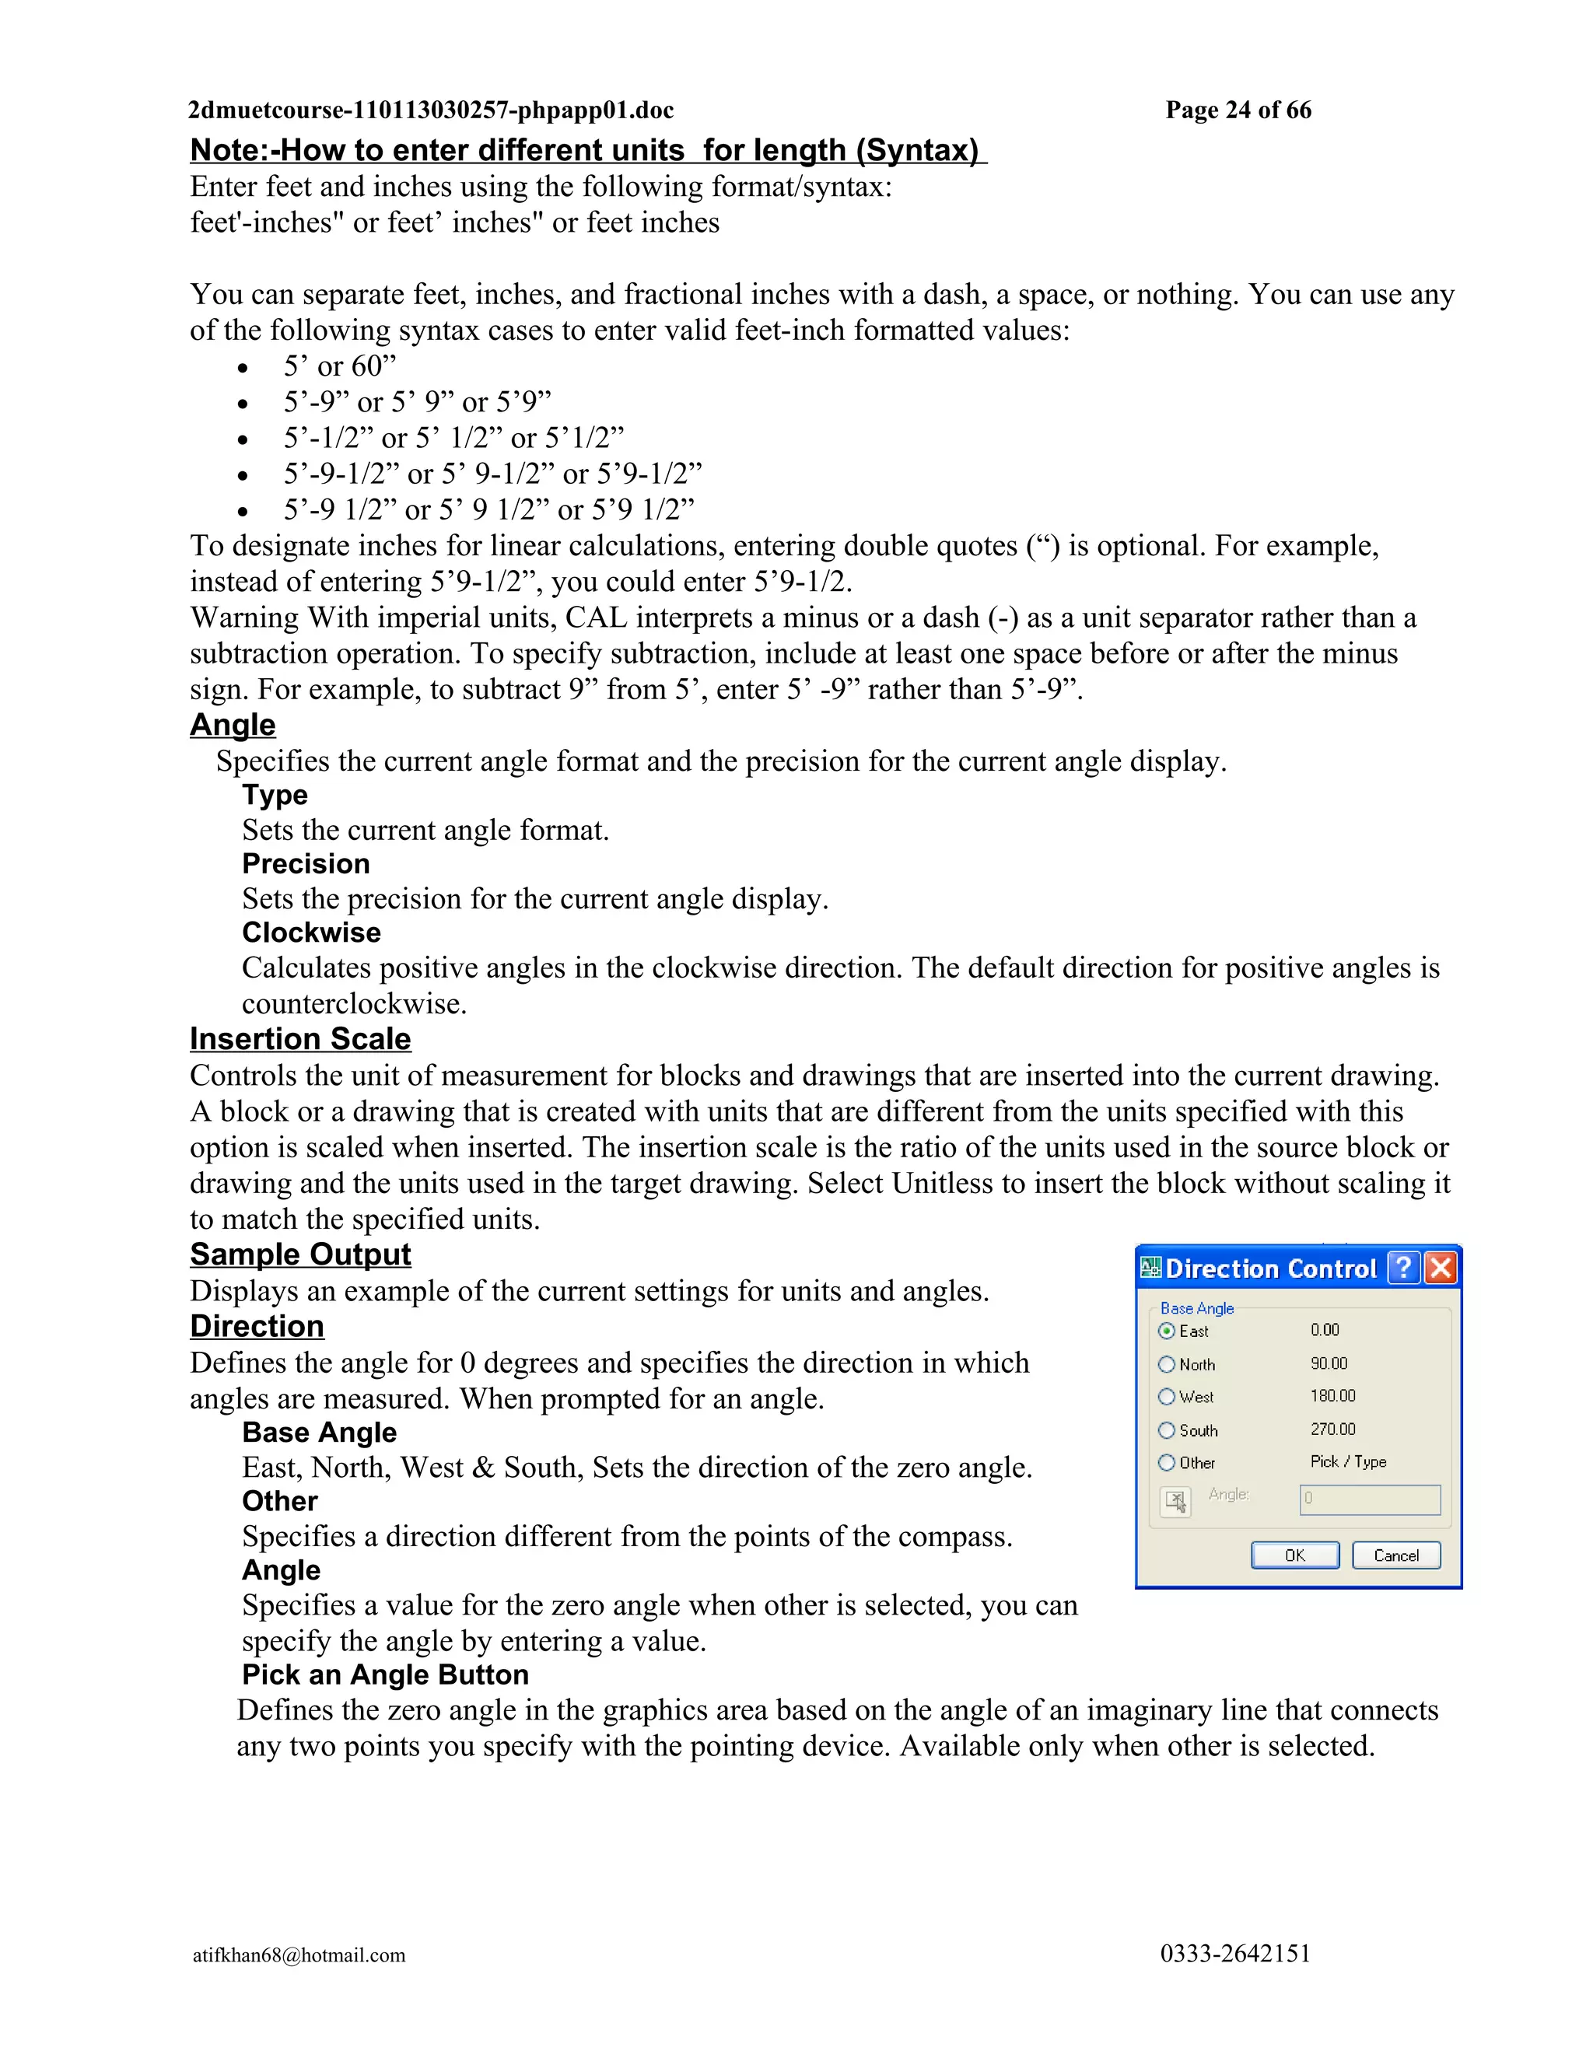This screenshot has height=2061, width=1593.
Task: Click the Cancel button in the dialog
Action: pos(1395,1555)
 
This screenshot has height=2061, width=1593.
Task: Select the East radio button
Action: pos(1167,1331)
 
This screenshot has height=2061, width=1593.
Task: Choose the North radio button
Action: pos(1167,1365)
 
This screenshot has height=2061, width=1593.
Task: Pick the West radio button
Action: pos(1167,1397)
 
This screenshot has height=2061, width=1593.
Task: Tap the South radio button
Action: pos(1167,1430)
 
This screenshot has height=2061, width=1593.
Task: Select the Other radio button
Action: pos(1167,1463)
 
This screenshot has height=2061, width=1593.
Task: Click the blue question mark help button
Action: pos(1404,1268)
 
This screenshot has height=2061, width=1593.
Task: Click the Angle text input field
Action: pos(1369,1499)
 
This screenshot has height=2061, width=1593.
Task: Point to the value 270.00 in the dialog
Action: pos(1332,1429)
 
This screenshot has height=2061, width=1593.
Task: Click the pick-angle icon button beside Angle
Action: pos(1176,1500)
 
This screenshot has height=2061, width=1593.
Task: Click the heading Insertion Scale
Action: pos(300,1039)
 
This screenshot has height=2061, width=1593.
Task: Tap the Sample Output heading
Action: pos(300,1254)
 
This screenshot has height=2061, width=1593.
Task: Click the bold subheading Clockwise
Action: pos(311,933)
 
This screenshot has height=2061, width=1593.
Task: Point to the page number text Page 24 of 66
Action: pos(1238,110)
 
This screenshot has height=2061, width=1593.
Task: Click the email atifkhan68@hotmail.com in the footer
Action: pos(299,1955)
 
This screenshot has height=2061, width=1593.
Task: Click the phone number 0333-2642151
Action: pos(1235,1954)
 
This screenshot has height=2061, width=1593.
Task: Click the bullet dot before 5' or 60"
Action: pos(243,369)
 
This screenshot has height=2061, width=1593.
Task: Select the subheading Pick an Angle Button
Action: pos(385,1674)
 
